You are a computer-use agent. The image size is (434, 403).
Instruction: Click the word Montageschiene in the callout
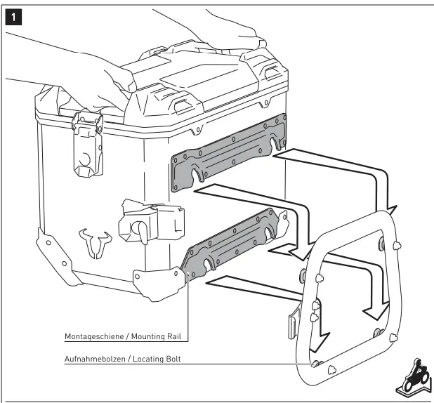pos(87,336)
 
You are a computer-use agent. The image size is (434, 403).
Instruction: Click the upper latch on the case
pos(88,144)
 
